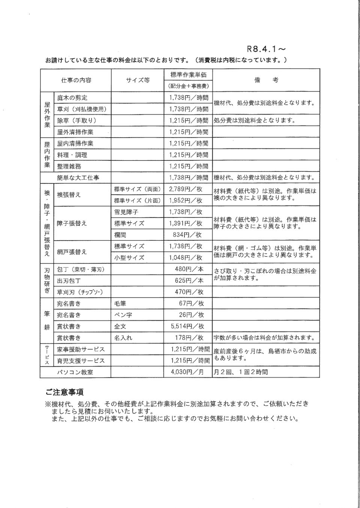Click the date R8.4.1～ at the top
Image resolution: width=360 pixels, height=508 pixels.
click(x=267, y=49)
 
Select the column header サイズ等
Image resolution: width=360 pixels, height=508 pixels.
click(x=137, y=80)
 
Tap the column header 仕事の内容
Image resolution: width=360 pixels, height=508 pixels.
click(x=76, y=80)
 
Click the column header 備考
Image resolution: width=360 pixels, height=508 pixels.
click(x=266, y=80)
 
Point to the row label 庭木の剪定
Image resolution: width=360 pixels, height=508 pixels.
click(x=72, y=97)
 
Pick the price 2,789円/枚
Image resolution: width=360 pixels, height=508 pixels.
click(x=186, y=189)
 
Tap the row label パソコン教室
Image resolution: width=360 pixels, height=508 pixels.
click(x=75, y=372)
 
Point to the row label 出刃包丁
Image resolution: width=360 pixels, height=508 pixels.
click(x=69, y=280)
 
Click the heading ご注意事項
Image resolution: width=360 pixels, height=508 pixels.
click(x=64, y=392)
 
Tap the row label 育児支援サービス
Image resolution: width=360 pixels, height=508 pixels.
click(x=81, y=361)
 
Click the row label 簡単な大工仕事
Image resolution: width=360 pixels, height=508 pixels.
click(x=78, y=178)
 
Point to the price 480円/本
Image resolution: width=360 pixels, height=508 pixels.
click(x=189, y=269)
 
